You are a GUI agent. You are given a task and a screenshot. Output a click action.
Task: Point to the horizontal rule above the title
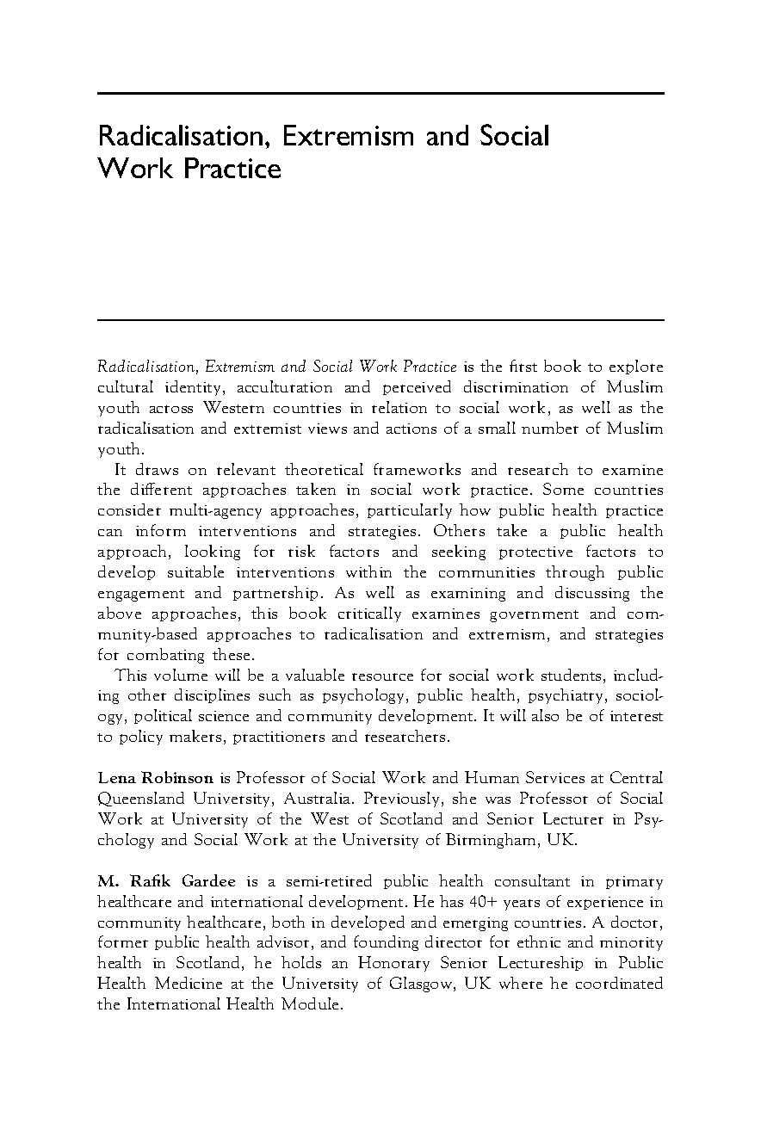380,93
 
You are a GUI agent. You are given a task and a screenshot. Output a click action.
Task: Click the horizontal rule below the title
380,320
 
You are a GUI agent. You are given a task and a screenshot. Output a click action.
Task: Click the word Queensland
142,799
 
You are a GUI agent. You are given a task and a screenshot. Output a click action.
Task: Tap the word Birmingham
494,840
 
